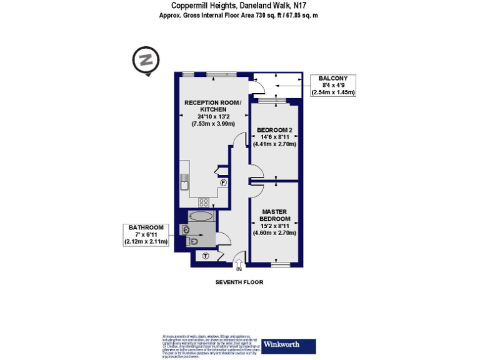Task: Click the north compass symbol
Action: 146,61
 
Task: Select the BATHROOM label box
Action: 146,234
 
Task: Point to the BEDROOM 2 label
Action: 274,130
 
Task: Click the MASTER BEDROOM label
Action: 275,216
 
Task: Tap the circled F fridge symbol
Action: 223,182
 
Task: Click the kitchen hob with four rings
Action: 204,202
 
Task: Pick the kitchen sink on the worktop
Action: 184,181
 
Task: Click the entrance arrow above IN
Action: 238,261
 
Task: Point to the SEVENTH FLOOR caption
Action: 239,282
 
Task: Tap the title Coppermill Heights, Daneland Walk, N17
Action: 239,6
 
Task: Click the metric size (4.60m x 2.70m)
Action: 275,233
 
